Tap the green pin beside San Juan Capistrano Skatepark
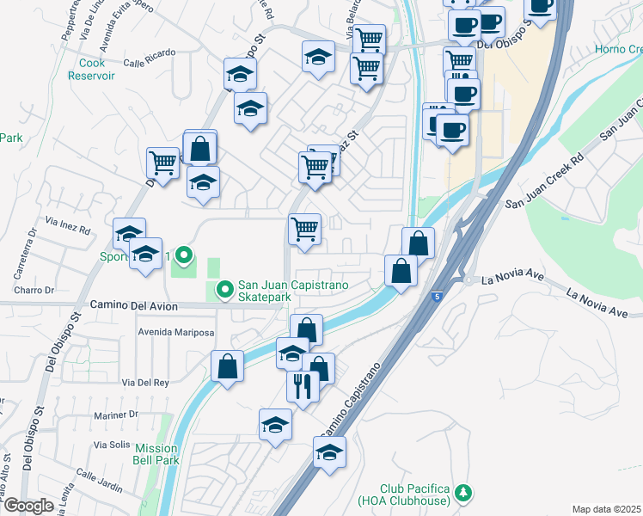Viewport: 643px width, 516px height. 224,291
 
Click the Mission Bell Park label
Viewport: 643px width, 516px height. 156,454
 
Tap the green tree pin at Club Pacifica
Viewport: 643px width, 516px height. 464,493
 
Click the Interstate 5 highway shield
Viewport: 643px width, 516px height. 438,297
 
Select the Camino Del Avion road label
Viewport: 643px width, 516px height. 133,306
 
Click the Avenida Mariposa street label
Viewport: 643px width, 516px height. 175,333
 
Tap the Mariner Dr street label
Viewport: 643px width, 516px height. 115,415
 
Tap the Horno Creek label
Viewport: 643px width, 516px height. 618,49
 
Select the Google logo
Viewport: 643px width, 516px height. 28,506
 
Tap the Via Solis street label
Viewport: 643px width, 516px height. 112,445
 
